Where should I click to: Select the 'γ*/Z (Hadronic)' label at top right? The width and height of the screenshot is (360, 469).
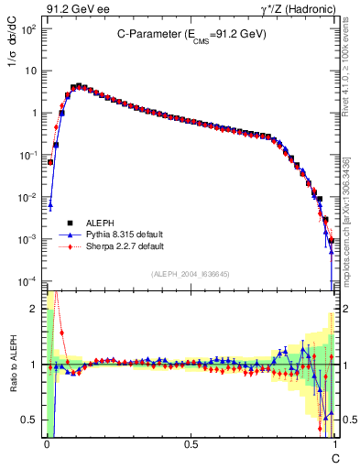coord(296,9)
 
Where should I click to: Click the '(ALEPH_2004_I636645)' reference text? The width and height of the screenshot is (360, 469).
coord(191,274)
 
